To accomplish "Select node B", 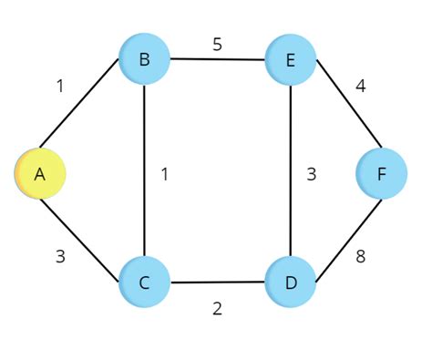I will (144, 60).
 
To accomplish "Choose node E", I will (291, 60).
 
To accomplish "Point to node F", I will (381, 172).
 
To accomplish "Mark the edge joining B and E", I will (217, 60).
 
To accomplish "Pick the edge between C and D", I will (217, 282).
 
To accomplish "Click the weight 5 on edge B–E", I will (217, 44).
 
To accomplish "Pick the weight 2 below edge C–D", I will (217, 308).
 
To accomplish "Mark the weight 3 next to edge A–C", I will (60, 256).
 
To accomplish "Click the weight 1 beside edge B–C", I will (164, 173).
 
